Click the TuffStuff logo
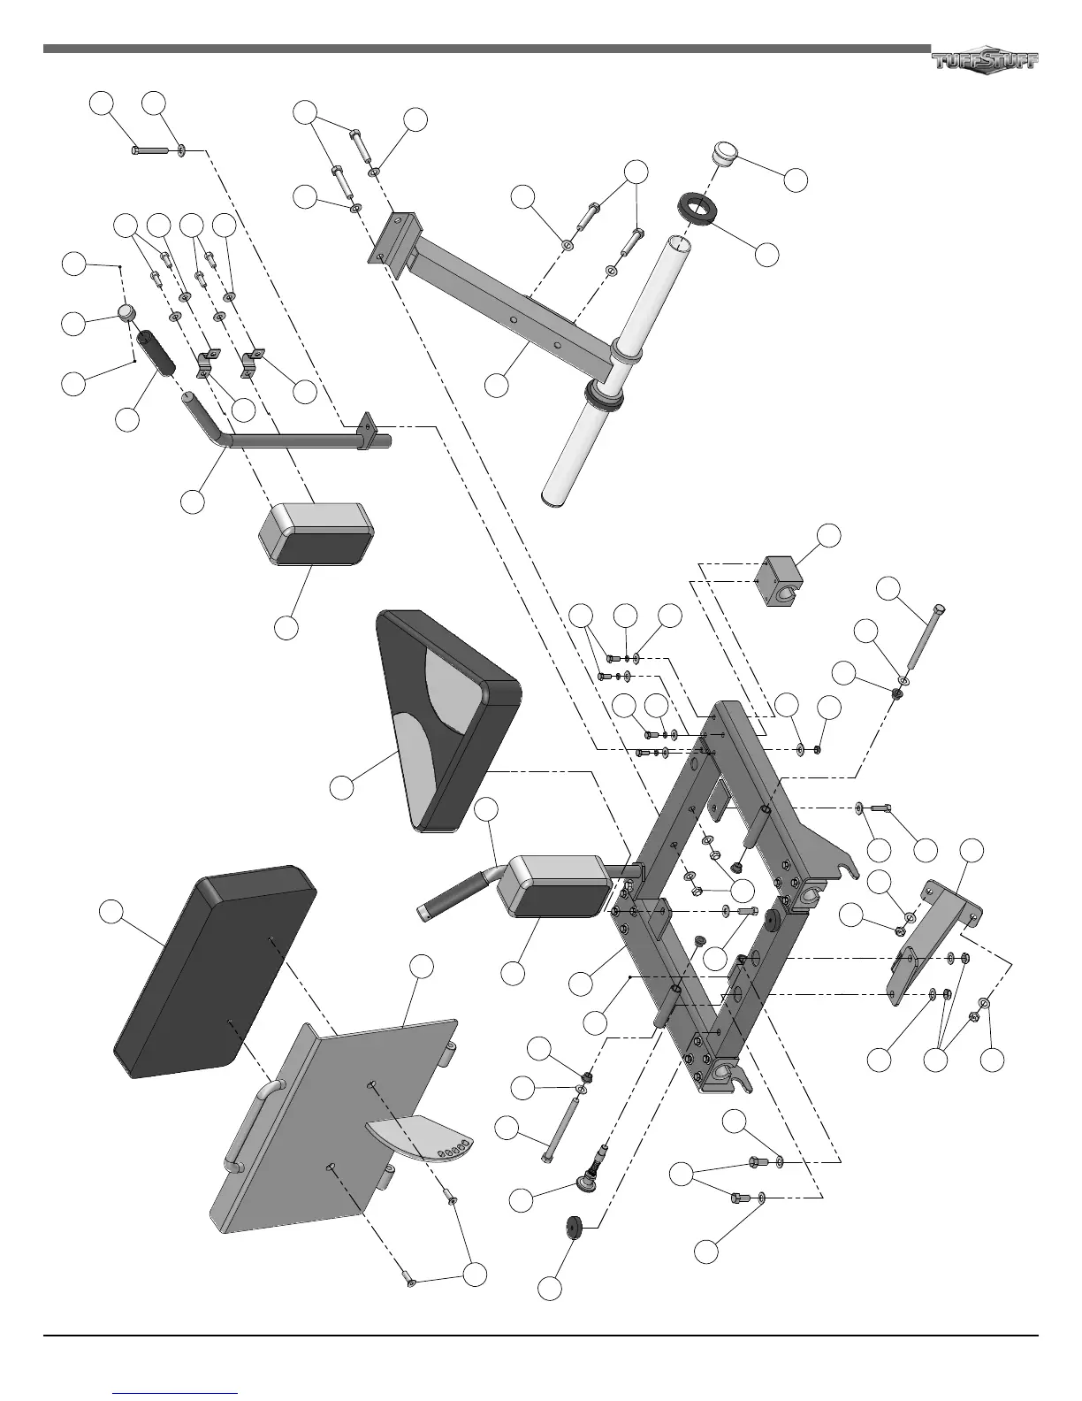pos(985,60)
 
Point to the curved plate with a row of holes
pos(421,1137)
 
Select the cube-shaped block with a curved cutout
pos(777,579)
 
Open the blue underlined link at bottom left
pos(177,1392)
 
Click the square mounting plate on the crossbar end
pos(392,240)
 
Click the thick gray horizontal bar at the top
pos(486,49)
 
